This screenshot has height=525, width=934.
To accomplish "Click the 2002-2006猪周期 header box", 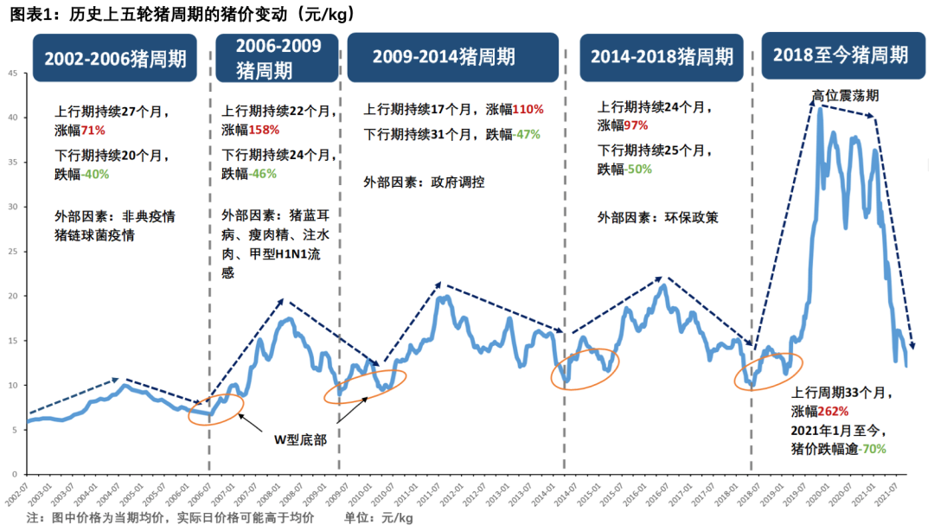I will (x=115, y=59).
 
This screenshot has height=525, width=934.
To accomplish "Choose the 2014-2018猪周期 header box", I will (x=662, y=57).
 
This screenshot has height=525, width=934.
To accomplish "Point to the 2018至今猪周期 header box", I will (x=841, y=55).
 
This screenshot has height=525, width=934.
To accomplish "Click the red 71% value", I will (x=93, y=130).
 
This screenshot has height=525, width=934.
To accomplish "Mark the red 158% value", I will (x=264, y=130).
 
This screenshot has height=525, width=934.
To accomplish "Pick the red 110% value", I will (x=528, y=110).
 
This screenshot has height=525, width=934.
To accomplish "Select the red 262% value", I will (x=831, y=411).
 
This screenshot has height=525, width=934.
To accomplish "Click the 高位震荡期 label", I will (x=844, y=94).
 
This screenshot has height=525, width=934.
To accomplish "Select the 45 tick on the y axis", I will (x=12, y=73).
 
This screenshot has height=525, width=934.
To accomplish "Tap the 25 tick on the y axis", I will (x=12, y=252).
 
